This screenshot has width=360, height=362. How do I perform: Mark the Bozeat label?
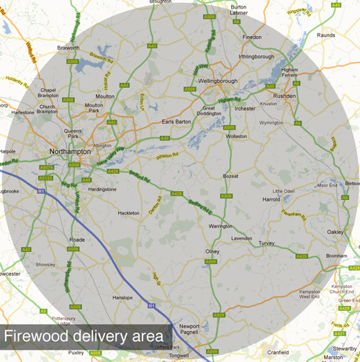[x=231, y=176]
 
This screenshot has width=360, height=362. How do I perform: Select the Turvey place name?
[x=267, y=244]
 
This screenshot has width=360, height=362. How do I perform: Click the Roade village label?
[x=76, y=240]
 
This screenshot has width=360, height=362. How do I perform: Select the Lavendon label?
[x=241, y=238]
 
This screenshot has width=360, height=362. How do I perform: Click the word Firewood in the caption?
[x=35, y=336]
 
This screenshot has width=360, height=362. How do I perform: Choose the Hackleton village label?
[x=128, y=213]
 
